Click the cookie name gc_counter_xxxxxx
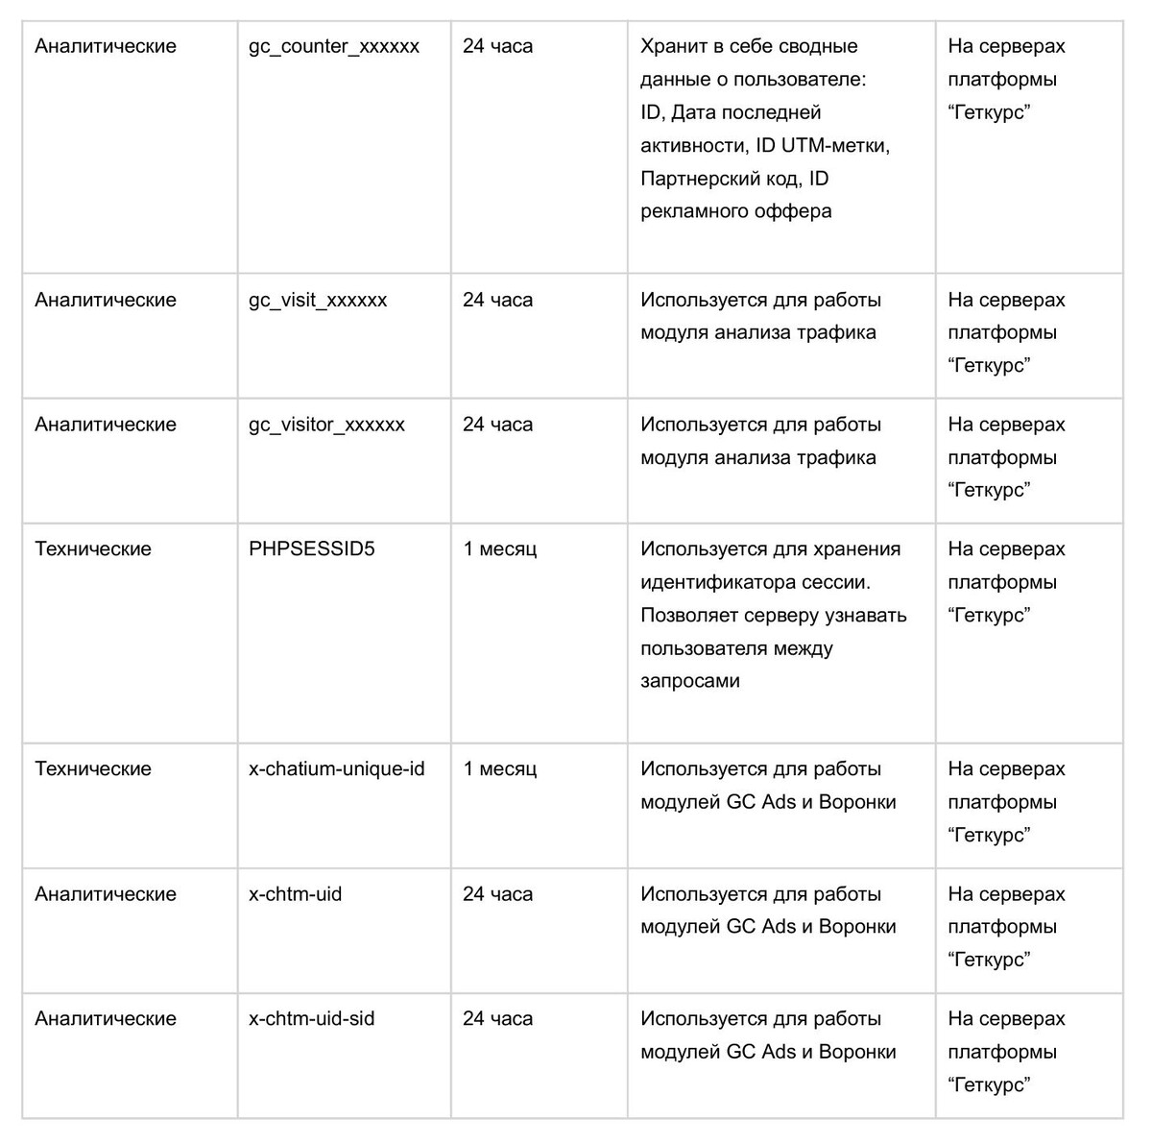coord(333,47)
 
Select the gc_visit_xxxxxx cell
coord(318,301)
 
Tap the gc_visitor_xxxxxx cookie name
coord(326,426)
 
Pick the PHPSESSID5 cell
coord(312,549)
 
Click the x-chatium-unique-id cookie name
coord(336,769)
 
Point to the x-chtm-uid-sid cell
coord(311,1019)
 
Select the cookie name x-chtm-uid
coord(295,894)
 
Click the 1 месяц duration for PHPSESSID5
coord(499,549)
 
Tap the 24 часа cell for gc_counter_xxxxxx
coord(497,47)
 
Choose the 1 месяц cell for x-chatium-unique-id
coord(499,769)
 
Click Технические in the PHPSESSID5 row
coord(93,549)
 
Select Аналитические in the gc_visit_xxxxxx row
coord(106,301)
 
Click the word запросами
coord(690,682)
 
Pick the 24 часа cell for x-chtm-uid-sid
coord(497,1019)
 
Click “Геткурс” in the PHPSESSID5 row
coord(989,616)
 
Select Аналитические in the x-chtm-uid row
coord(106,894)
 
